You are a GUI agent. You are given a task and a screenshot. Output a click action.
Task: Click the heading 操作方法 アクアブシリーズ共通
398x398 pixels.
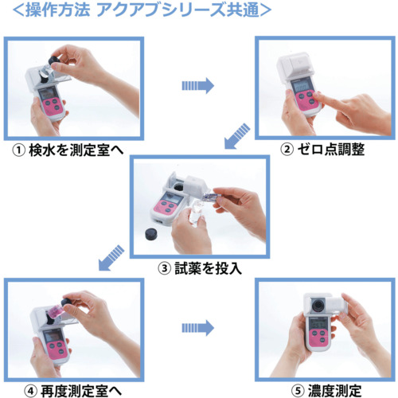(x=142, y=10)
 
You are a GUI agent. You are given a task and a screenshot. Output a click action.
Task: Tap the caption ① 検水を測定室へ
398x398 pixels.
(x=68, y=150)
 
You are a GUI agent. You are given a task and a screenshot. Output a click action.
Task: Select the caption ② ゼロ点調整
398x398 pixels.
(x=322, y=150)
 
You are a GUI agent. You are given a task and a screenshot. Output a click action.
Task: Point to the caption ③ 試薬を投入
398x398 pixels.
(x=200, y=268)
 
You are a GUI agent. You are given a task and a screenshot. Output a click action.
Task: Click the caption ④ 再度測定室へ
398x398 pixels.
(x=73, y=391)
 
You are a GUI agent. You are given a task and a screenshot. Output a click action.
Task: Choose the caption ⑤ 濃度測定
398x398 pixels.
(x=326, y=391)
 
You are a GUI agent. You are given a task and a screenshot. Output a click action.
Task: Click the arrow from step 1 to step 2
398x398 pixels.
(x=198, y=86)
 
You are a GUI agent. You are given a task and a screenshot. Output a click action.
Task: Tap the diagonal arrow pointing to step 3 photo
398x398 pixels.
(x=237, y=136)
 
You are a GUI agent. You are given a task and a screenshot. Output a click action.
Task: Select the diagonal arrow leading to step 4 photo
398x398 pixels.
(x=111, y=258)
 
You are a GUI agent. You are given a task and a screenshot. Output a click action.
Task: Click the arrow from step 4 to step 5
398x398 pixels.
(x=198, y=328)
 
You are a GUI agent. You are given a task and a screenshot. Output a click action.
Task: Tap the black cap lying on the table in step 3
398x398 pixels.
(x=151, y=234)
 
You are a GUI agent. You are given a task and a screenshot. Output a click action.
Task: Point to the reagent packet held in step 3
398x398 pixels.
(x=211, y=197)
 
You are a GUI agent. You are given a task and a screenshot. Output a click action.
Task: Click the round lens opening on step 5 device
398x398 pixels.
(x=318, y=305)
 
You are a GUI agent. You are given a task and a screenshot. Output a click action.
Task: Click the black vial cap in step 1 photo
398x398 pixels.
(x=55, y=60)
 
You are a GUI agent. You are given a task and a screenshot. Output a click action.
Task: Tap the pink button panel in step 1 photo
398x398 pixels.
(x=53, y=105)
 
